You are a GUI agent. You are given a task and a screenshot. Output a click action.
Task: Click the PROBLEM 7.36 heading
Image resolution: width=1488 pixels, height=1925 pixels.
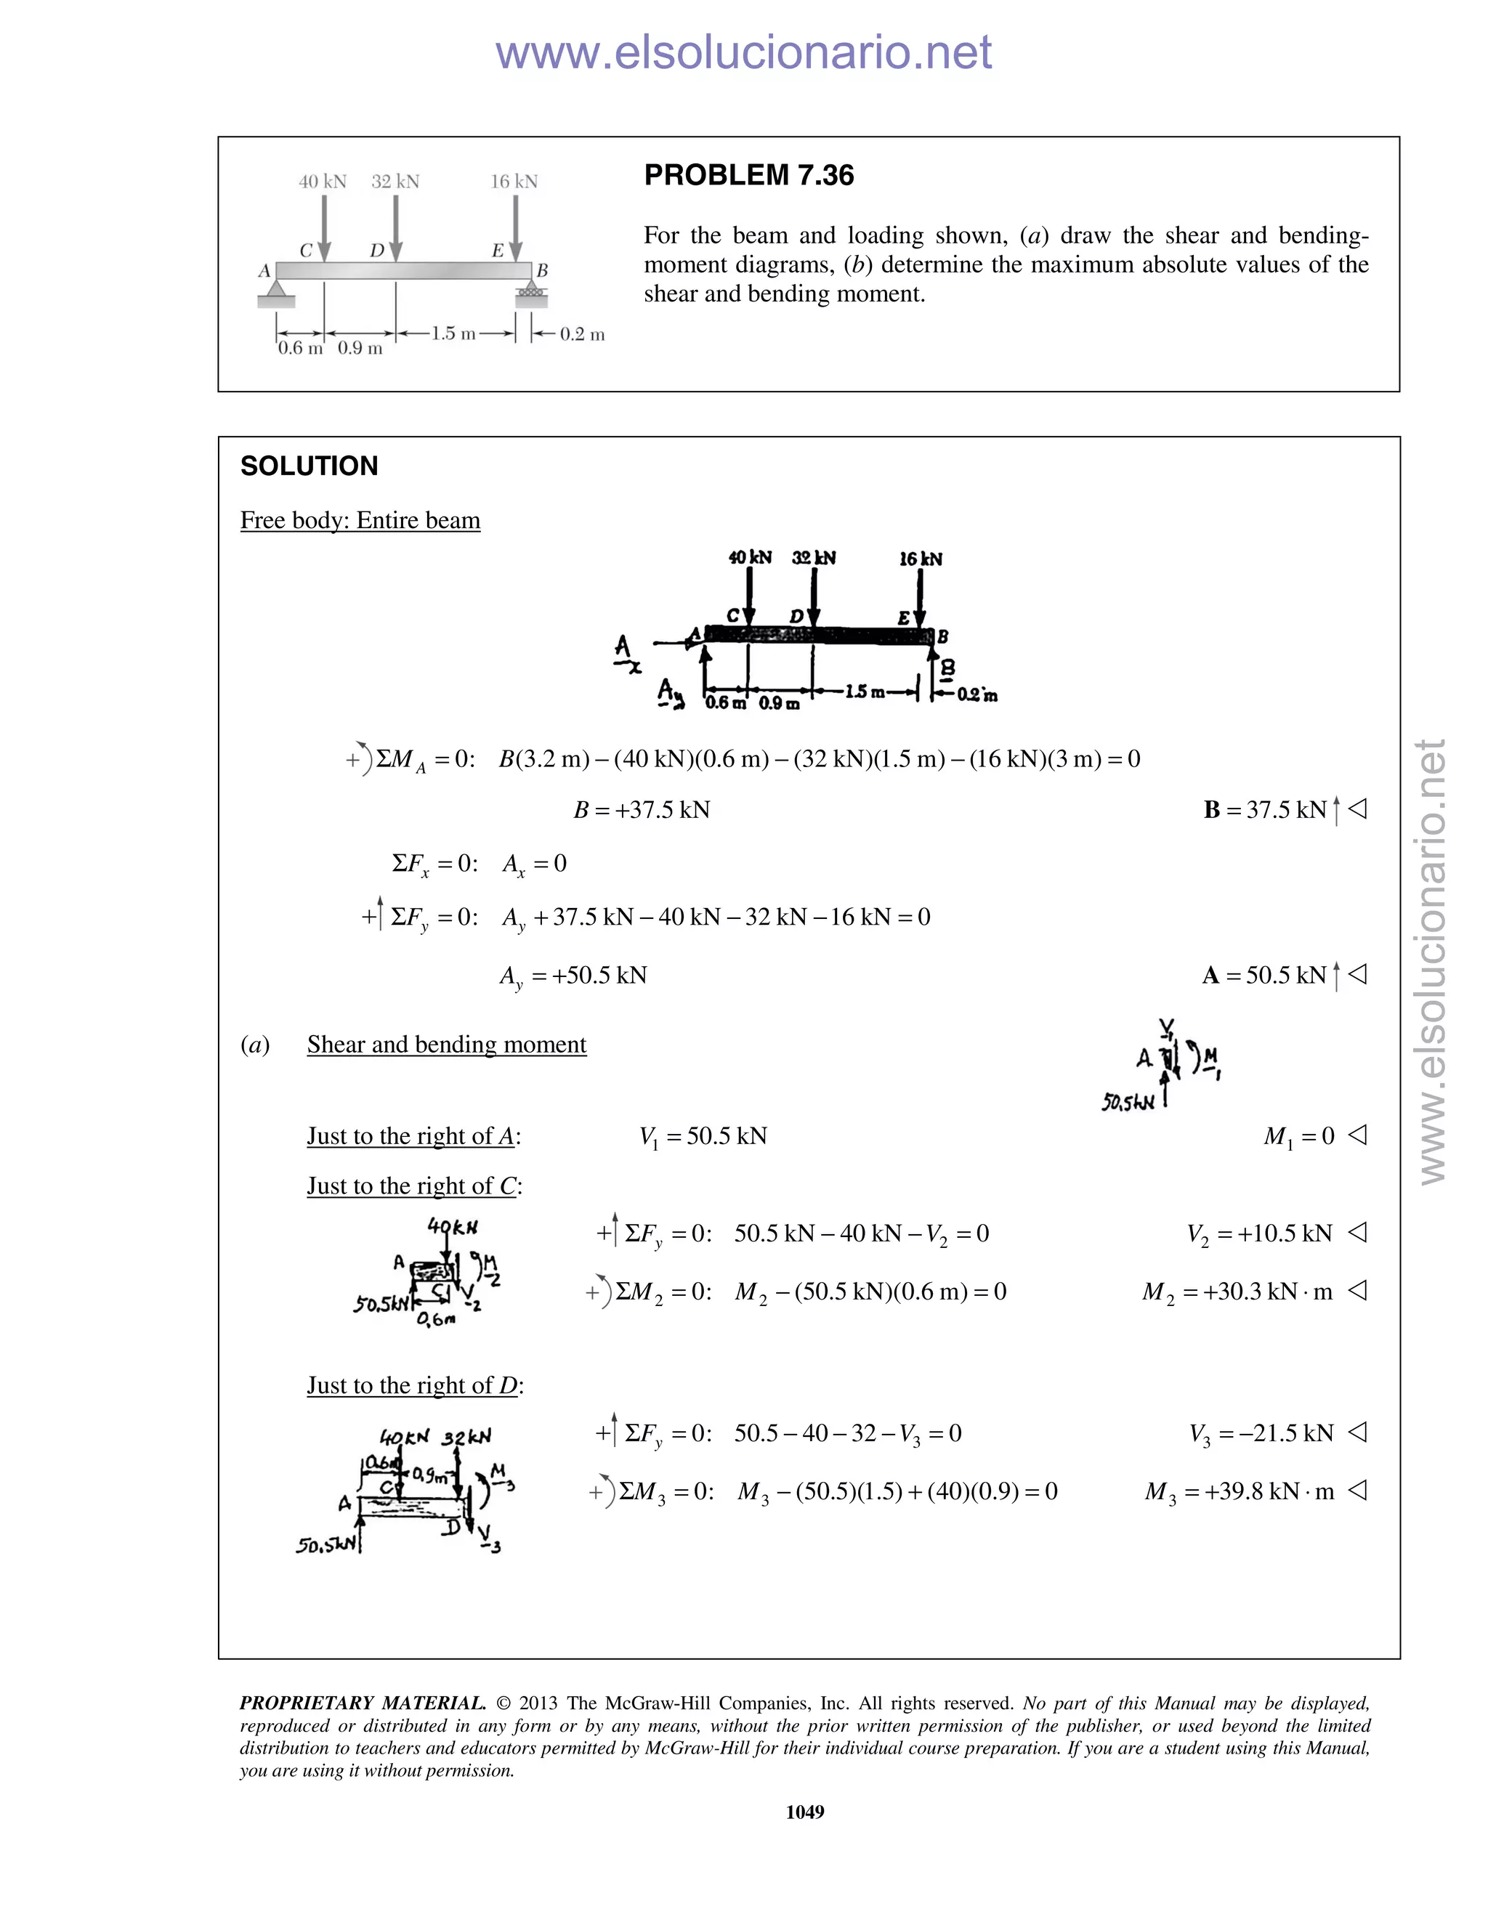point(748,175)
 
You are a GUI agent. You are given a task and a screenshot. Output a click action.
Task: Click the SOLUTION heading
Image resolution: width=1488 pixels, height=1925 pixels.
point(309,466)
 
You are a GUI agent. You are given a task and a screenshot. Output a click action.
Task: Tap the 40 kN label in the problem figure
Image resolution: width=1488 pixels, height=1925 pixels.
point(323,182)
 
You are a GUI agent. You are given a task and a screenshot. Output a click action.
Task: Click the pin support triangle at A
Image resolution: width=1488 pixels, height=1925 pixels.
point(276,288)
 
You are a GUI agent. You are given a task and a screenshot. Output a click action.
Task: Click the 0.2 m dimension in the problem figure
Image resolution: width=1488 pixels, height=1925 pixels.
point(582,334)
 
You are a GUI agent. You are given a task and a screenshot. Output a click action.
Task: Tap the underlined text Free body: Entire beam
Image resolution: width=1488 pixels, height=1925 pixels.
point(360,520)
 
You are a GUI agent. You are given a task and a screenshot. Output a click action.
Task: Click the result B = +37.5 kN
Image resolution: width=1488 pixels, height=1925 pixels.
point(642,809)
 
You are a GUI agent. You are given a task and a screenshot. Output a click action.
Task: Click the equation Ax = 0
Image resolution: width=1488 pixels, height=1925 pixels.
point(534,864)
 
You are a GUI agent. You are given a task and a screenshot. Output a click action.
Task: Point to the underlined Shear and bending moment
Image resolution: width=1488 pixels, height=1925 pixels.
point(446,1045)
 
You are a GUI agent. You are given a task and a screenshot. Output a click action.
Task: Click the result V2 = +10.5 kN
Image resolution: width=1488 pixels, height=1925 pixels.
point(1260,1233)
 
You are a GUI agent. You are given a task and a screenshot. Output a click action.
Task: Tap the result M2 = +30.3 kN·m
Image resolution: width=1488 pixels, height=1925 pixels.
point(1237,1292)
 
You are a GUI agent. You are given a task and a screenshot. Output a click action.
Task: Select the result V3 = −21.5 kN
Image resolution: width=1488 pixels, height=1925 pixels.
point(1261,1433)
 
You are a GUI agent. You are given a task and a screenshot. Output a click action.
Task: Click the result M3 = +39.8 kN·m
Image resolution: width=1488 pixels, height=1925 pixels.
point(1240,1491)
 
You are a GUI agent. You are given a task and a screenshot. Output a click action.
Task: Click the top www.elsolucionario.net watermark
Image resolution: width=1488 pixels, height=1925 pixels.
point(743,52)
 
